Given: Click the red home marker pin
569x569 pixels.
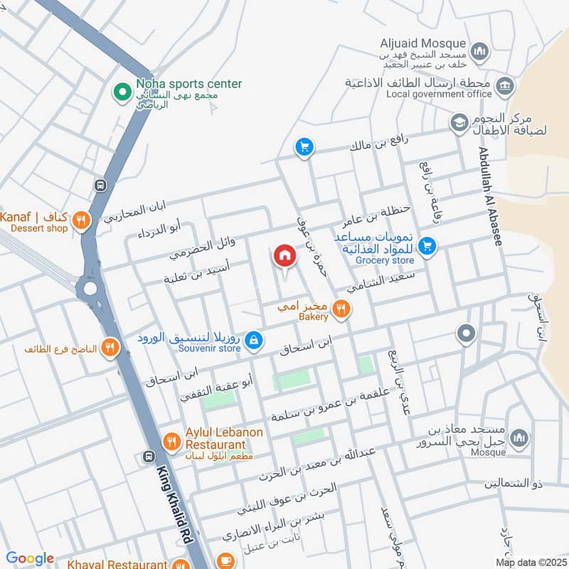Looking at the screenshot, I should (284, 256).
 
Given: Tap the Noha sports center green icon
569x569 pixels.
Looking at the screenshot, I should (122, 91).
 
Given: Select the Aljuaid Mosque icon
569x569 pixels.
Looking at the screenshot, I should (481, 50).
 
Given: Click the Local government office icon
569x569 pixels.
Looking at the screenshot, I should (506, 87).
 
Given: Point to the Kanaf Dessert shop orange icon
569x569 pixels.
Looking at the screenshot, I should (82, 220).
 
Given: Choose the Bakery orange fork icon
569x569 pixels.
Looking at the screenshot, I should (342, 309).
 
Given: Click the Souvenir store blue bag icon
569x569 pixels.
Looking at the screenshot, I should (253, 341).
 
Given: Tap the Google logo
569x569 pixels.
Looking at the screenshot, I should (29, 558).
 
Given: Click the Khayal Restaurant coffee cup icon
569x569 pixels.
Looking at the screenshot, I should (225, 560).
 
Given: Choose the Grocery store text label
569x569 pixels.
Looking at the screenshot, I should (385, 260).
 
